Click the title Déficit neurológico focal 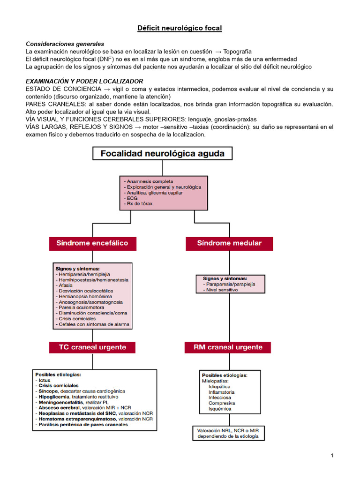coord(180,29)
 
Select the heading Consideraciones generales coord(65,44)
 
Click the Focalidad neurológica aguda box coord(162,153)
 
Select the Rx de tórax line coord(138,203)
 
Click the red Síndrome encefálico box coord(92,243)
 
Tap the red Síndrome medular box coord(229,243)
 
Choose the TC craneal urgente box coord(92,347)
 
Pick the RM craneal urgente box coord(228,347)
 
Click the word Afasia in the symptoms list coord(65,285)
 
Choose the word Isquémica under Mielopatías coord(220,409)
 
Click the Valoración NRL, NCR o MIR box coord(229,433)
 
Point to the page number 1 coord(332,456)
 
